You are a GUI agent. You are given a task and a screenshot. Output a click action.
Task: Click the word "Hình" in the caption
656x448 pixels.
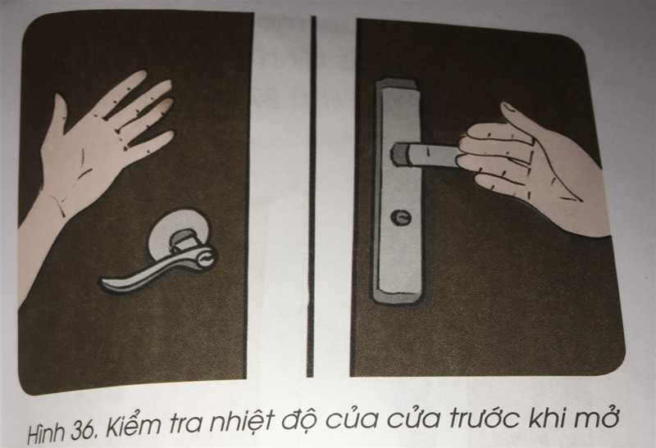point(47,432)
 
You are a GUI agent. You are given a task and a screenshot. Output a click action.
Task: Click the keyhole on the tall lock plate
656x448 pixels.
point(401,217)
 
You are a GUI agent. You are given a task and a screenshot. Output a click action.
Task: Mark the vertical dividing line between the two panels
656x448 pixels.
point(312,197)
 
